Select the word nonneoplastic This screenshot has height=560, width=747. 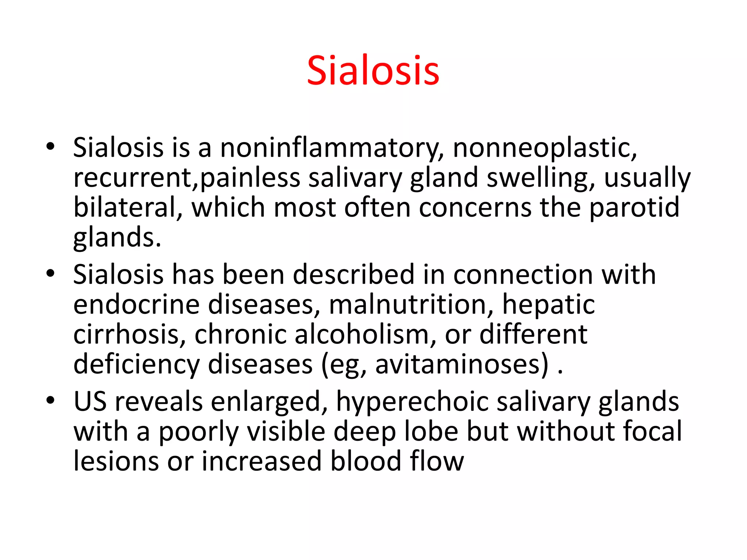[x=544, y=148]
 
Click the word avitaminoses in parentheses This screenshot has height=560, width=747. [x=461, y=364]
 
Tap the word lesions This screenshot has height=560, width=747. [x=116, y=461]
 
